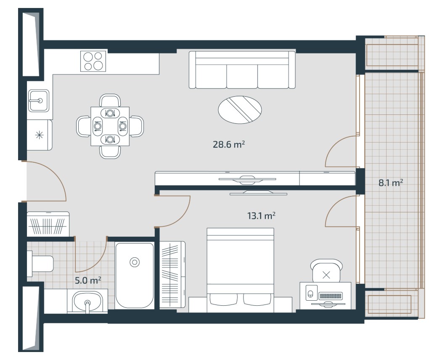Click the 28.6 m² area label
229,144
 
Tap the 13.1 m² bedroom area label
261,216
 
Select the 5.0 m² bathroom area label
88,280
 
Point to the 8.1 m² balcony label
391,183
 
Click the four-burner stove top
93,61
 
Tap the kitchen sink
39,101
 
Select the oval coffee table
240,110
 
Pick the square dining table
110,127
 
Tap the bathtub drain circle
134,262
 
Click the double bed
240,270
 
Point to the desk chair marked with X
326,271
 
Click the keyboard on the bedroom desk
331,296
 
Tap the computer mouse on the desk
310,294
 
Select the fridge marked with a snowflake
40,135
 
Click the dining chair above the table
110,100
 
